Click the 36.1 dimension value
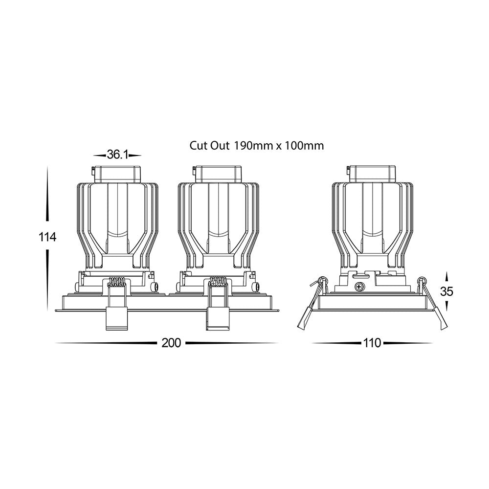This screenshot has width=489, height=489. click(117, 155)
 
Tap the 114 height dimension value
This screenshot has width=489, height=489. click(47, 237)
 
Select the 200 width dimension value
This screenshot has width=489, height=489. click(171, 343)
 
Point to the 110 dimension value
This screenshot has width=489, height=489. click(372, 343)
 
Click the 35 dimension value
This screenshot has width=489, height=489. click(446, 291)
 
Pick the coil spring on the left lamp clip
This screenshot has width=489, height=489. click(116, 282)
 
